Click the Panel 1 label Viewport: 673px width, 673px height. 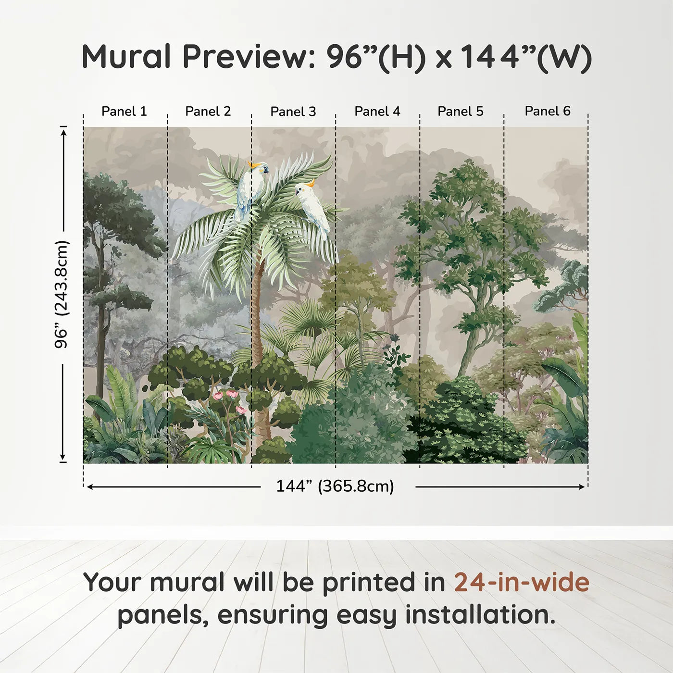(x=124, y=112)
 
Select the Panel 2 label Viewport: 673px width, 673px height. (x=208, y=112)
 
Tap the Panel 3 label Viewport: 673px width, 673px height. (x=293, y=112)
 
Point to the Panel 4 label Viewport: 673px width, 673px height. (x=377, y=112)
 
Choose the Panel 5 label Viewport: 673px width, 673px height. (x=461, y=112)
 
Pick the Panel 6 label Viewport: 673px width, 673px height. (x=547, y=111)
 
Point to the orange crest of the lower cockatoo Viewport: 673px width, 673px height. (x=310, y=183)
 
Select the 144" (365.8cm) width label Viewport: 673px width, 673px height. (x=335, y=486)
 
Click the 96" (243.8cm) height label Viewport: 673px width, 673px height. (x=62, y=294)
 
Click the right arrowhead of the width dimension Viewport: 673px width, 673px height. (x=582, y=486)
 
